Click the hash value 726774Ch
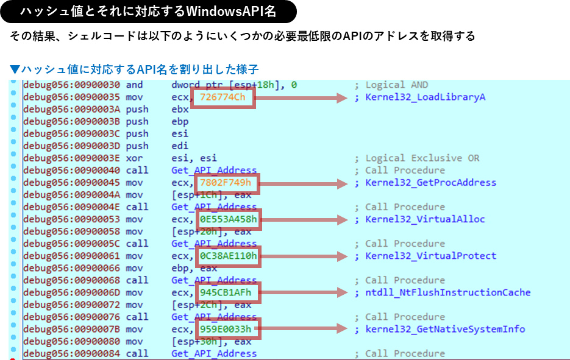point(223,97)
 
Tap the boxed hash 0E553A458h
point(229,219)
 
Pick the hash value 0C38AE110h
point(229,256)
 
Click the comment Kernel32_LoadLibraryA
point(425,97)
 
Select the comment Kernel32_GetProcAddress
point(430,183)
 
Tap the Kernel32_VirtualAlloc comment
point(425,219)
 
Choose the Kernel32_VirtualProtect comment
point(430,256)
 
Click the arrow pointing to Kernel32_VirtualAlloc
point(304,219)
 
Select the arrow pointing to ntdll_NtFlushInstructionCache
point(304,292)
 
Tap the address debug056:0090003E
point(72,158)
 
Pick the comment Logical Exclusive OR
point(422,158)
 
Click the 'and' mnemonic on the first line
point(134,85)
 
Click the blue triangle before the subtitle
point(15,69)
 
